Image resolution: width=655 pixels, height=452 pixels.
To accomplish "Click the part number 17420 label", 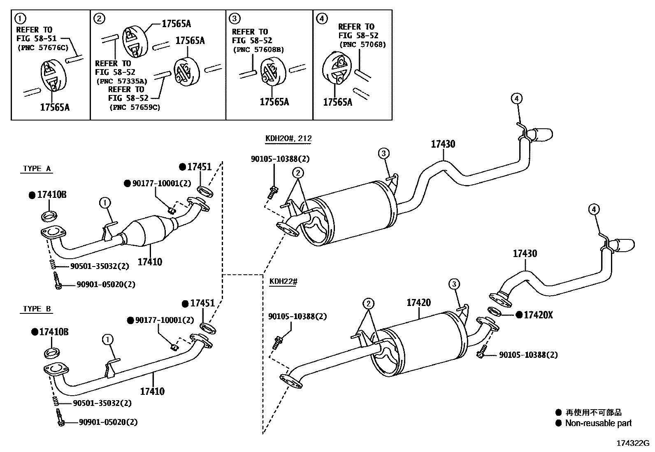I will [x=418, y=303].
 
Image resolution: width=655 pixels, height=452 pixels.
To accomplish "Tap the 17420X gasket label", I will [x=538, y=315].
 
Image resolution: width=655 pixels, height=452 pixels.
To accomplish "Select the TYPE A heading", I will [x=37, y=169].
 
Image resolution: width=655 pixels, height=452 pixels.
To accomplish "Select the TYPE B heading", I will [x=37, y=309].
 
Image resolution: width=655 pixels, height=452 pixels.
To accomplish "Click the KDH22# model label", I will [x=283, y=281].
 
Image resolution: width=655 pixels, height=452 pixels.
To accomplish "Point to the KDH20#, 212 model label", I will [x=288, y=138].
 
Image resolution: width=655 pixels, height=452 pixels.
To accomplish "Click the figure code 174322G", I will [x=632, y=443].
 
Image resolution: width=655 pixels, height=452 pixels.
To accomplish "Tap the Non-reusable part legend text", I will [x=598, y=423].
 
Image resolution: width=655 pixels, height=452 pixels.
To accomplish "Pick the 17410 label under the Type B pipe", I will [x=152, y=391].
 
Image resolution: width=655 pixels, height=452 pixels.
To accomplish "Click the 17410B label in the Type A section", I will [x=51, y=195].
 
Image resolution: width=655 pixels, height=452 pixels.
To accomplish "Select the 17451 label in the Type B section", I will [x=202, y=304].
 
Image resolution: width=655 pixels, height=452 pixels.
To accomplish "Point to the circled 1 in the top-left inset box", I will [x=19, y=18].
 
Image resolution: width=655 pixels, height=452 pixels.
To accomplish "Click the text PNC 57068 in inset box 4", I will [x=362, y=45].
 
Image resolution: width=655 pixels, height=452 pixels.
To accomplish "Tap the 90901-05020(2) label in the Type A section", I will [x=106, y=284].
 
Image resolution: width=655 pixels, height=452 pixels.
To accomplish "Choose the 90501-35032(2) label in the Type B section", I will [x=102, y=403].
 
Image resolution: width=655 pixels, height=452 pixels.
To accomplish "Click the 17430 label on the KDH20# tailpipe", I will [x=443, y=144].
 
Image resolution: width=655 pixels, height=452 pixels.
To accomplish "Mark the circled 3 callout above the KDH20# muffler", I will [x=383, y=154].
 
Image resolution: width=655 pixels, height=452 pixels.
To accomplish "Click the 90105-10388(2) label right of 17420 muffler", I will [x=528, y=355].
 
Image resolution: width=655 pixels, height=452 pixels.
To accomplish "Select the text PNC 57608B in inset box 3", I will [x=258, y=50].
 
